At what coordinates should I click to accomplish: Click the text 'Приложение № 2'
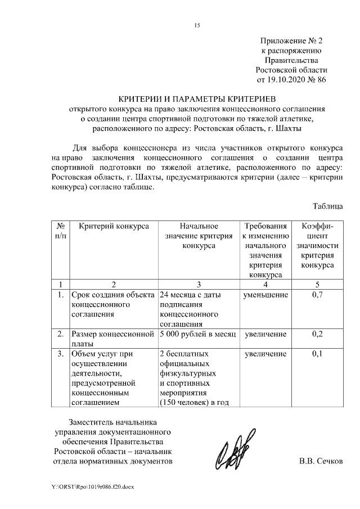coord(291,41)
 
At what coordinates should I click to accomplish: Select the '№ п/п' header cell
coord(60,231)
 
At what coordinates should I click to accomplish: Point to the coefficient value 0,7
coord(317,294)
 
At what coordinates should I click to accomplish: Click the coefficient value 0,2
coord(317,334)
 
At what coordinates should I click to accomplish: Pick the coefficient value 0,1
coord(317,354)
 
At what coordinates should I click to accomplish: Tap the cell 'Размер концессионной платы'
coord(112,339)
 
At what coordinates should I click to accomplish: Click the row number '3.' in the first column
coord(60,354)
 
